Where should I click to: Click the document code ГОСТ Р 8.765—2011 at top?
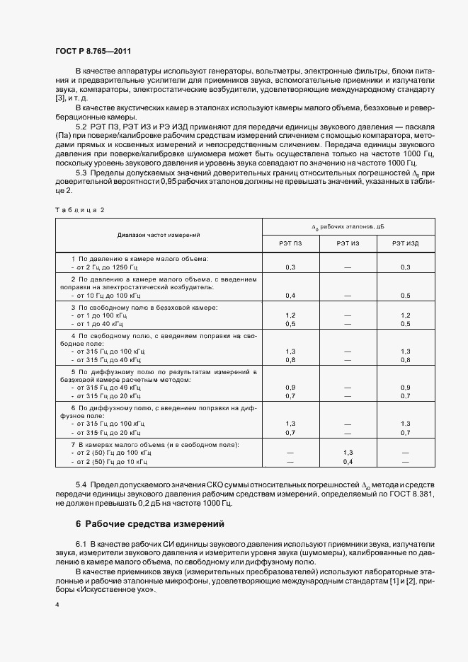[x=93, y=51]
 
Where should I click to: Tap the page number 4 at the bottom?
[x=57, y=605]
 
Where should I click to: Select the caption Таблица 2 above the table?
[x=79, y=210]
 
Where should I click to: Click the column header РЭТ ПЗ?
[x=290, y=243]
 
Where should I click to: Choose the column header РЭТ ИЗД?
[x=405, y=243]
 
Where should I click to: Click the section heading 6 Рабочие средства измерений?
[x=149, y=524]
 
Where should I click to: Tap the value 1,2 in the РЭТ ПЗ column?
[x=290, y=315]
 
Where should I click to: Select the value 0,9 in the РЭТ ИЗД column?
[x=405, y=388]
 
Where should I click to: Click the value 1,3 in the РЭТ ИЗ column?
[x=348, y=452]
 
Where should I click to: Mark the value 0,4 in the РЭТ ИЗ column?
[x=348, y=460]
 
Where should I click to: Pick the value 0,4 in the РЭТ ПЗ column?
[x=290, y=295]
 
